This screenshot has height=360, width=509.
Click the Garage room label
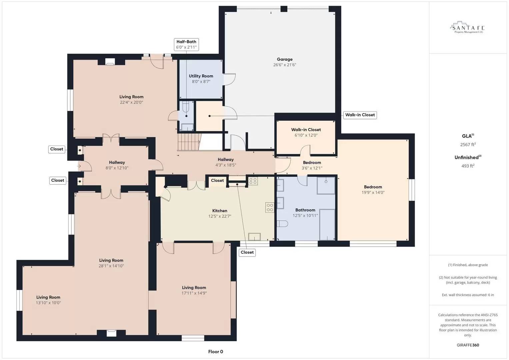pyautogui.click(x=284, y=59)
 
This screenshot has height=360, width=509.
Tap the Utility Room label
pyautogui.click(x=201, y=76)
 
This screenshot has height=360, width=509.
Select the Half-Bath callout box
pyautogui.click(x=186, y=44)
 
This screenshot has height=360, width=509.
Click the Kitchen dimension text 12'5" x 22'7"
pyautogui.click(x=220, y=216)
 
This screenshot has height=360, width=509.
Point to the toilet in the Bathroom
pyautogui.click(x=282, y=224)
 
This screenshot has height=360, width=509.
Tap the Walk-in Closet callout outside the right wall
pyautogui.click(x=360, y=115)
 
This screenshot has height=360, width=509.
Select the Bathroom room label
pyautogui.click(x=305, y=210)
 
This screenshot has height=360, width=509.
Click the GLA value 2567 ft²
pyautogui.click(x=468, y=145)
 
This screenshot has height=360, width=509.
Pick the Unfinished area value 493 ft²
pyautogui.click(x=468, y=166)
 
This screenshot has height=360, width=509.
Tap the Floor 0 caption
pyautogui.click(x=215, y=352)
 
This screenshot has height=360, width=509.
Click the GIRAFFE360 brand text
pyautogui.click(x=468, y=345)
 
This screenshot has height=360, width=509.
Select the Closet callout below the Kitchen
pyautogui.click(x=247, y=252)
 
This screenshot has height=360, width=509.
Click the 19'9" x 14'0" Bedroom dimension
pyautogui.click(x=373, y=192)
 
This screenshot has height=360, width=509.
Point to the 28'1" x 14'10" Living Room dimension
pyautogui.click(x=111, y=266)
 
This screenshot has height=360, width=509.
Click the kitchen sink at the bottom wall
pyautogui.click(x=254, y=237)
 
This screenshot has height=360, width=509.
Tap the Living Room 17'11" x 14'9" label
pyautogui.click(x=194, y=288)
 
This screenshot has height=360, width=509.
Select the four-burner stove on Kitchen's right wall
pyautogui.click(x=269, y=207)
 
